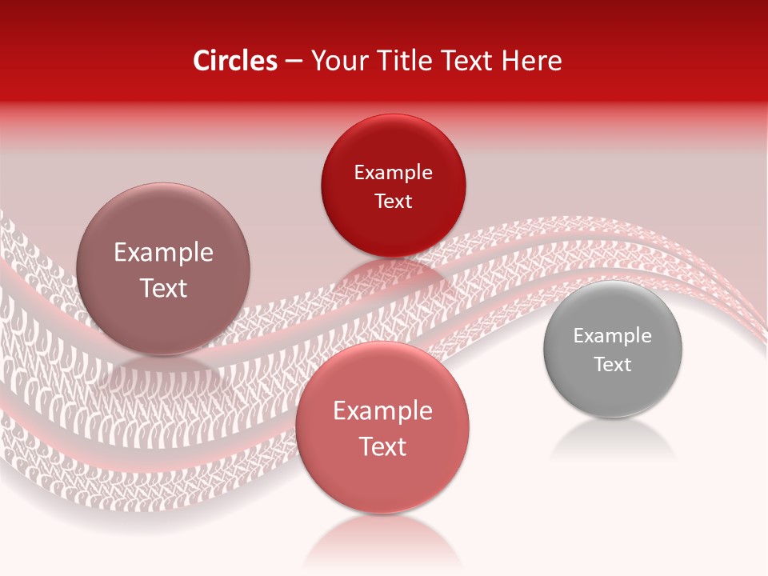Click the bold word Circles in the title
pos(235,61)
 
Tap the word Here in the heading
pos(532,61)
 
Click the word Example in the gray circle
pos(613,335)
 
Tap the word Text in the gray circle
pos(613,365)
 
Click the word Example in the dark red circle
pos(393,172)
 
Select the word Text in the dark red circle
pos(393,201)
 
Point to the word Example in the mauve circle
pos(163,253)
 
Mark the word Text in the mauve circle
pos(163,288)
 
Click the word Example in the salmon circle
pos(382,411)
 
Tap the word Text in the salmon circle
pos(382,446)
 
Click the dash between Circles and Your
pos(293,61)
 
